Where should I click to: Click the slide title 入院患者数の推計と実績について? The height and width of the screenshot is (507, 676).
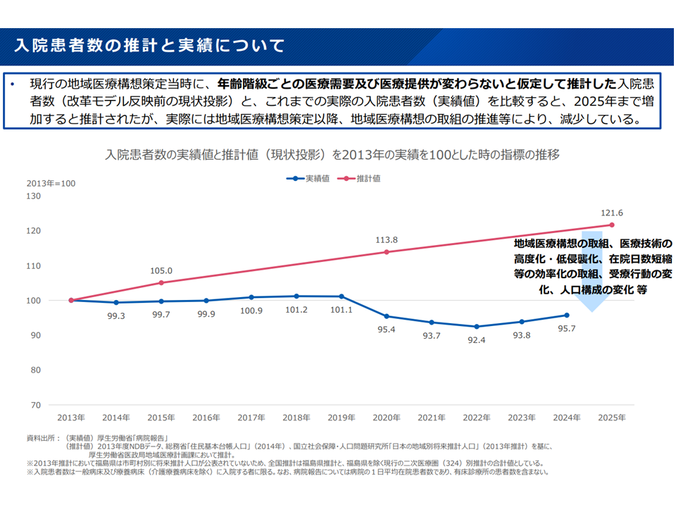pyautogui.click(x=149, y=46)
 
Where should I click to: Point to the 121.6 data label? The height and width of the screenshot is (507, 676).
pyautogui.click(x=612, y=212)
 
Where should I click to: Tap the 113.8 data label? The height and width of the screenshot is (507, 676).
pyautogui.click(x=387, y=239)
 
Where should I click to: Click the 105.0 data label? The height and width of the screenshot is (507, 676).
pyautogui.click(x=161, y=270)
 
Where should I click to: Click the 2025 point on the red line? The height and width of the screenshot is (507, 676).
pyautogui.click(x=612, y=225)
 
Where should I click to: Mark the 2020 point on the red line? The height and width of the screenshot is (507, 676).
pyautogui.click(x=387, y=252)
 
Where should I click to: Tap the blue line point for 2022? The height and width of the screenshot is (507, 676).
pyautogui.click(x=477, y=327)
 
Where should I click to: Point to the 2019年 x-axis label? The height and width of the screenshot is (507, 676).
pyautogui.click(x=342, y=418)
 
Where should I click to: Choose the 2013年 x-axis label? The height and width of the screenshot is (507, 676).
pyautogui.click(x=71, y=418)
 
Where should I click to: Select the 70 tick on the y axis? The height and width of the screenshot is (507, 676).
pyautogui.click(x=35, y=406)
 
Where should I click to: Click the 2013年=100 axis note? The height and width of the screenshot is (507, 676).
pyautogui.click(x=51, y=184)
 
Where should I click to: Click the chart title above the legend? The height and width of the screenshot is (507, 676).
pyautogui.click(x=332, y=154)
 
